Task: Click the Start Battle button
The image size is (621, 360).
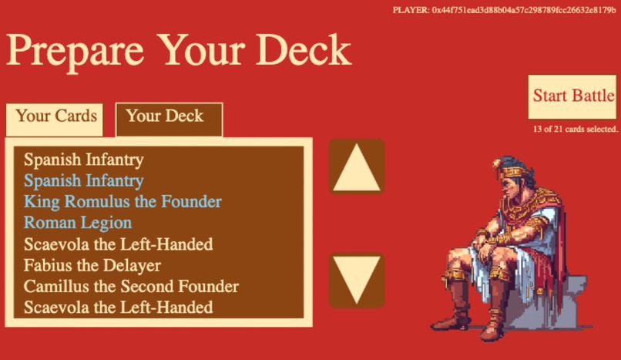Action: pos(572,96)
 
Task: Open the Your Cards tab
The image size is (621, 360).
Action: pos(56,116)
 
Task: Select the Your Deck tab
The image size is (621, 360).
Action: pos(165,116)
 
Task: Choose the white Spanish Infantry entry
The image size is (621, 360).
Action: pos(83,160)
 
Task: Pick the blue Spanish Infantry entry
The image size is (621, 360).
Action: pos(83,181)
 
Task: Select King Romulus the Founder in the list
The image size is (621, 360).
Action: pos(123,202)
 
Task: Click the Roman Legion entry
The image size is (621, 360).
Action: pos(78,223)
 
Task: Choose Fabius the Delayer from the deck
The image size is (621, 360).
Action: pos(92,266)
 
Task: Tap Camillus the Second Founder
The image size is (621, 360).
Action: pos(131,287)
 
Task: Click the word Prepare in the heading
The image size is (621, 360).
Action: pos(75,51)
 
